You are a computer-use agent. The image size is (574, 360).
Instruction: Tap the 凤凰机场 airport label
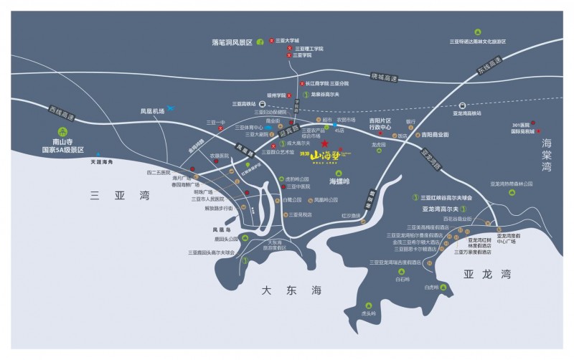click(152, 111)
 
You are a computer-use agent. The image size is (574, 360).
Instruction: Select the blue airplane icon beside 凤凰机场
click(173, 108)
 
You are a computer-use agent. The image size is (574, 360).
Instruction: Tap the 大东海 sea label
click(283, 290)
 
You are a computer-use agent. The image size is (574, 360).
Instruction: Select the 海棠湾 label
click(552, 155)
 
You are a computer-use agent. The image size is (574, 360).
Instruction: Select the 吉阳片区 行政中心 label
click(380, 125)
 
